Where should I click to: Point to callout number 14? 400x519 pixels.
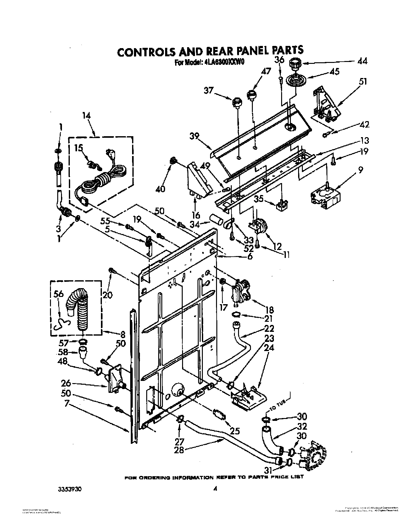point(86,116)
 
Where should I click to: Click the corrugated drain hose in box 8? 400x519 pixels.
point(80,310)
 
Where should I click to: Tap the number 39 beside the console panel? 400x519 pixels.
point(195,136)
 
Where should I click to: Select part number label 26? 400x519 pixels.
point(66,383)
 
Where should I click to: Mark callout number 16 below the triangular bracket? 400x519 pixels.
point(196,215)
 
